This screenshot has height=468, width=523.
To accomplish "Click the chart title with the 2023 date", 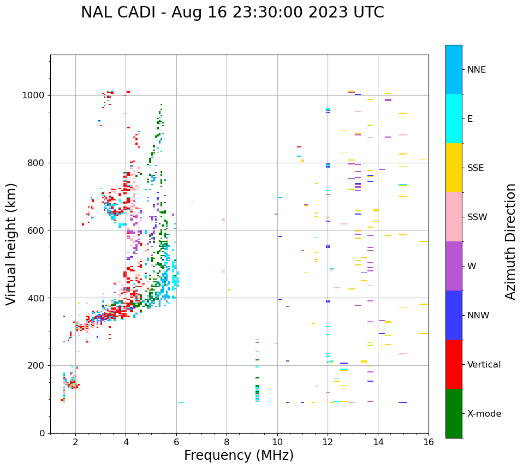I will [x=233, y=13].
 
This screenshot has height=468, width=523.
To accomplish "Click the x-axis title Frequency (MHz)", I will [x=239, y=455].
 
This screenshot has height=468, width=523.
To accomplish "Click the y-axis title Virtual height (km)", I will [x=11, y=244].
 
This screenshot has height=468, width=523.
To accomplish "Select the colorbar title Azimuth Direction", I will [x=510, y=241].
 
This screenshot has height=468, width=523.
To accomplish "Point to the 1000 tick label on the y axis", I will [x=34, y=95].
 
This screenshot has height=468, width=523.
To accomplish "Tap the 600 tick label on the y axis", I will [x=37, y=230].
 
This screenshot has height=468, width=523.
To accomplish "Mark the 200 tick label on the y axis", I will [x=37, y=365].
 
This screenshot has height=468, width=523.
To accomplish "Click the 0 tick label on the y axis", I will [x=42, y=433].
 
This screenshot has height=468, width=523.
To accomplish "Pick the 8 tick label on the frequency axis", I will [x=227, y=442].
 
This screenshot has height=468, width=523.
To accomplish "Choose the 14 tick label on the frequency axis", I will [x=378, y=442].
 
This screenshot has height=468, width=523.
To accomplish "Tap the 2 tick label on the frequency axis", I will [x=75, y=442].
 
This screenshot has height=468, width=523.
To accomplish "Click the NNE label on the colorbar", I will [x=477, y=70].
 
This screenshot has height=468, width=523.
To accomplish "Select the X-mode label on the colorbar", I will [x=484, y=414].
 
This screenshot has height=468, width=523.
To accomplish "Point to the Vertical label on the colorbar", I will [x=484, y=365].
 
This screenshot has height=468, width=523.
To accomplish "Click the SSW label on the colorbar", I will [x=477, y=217].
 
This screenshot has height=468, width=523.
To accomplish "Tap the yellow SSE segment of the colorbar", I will [x=454, y=168].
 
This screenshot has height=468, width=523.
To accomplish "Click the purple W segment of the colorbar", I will [x=454, y=266].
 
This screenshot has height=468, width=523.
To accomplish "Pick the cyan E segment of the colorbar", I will [x=454, y=119].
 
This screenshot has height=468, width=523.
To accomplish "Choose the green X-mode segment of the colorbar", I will [x=454, y=413].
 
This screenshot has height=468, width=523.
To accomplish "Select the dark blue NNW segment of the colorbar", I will [x=454, y=315].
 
